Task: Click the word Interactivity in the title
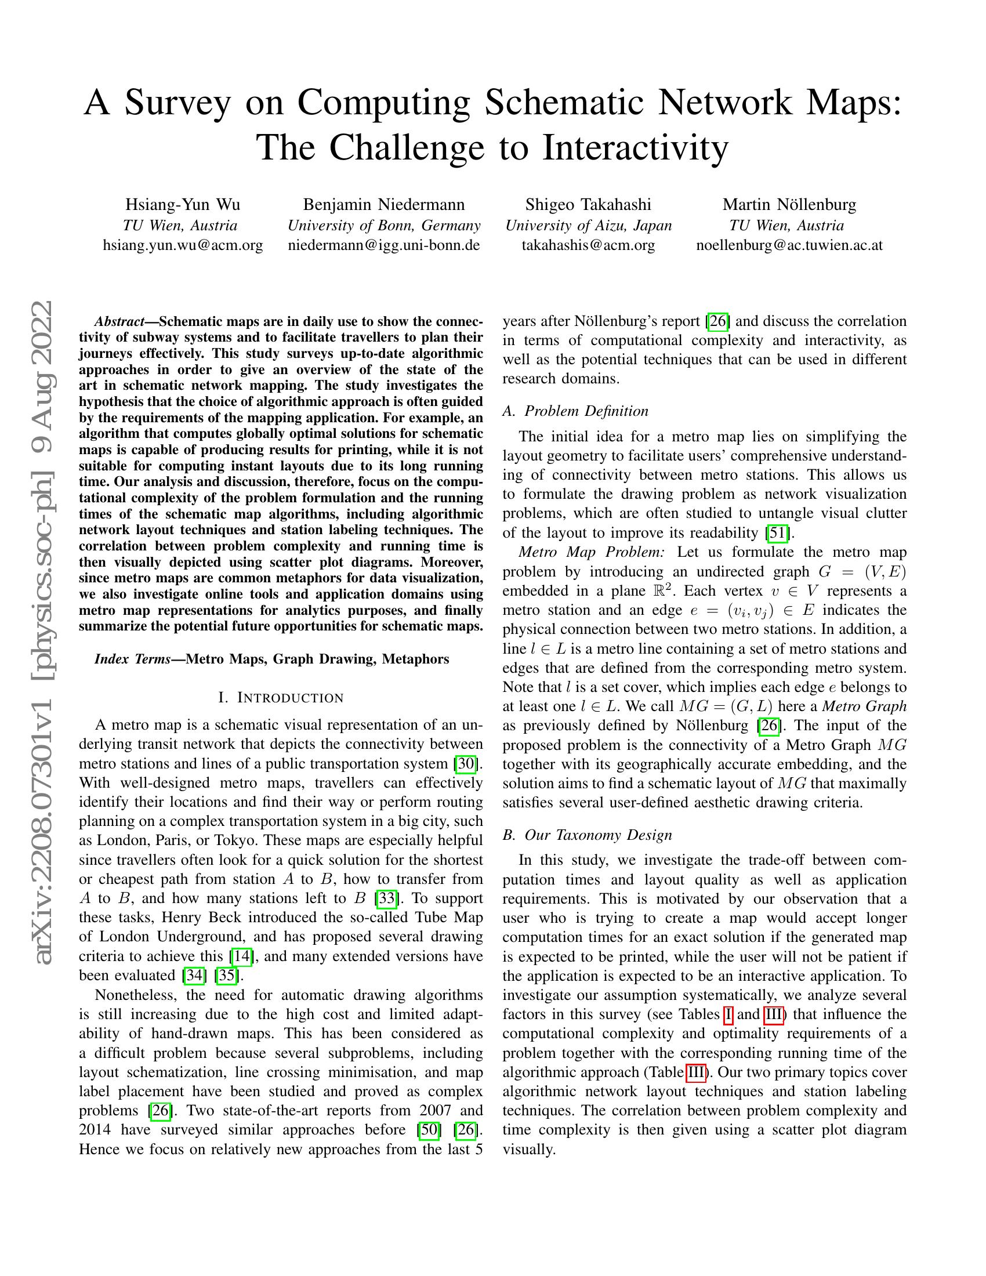click(636, 147)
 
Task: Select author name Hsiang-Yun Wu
click(183, 205)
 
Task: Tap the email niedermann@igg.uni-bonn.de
click(384, 245)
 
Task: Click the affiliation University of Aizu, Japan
click(588, 226)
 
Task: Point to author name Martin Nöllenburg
click(789, 205)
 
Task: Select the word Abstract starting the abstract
click(119, 321)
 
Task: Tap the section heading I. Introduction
click(281, 698)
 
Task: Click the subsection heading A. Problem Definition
click(575, 411)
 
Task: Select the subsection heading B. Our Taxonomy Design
click(587, 835)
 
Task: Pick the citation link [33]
click(387, 898)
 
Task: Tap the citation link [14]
click(242, 956)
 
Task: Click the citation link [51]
click(779, 533)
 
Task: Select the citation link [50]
click(429, 1130)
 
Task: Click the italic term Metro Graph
click(865, 706)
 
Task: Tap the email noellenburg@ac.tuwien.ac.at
click(789, 245)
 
